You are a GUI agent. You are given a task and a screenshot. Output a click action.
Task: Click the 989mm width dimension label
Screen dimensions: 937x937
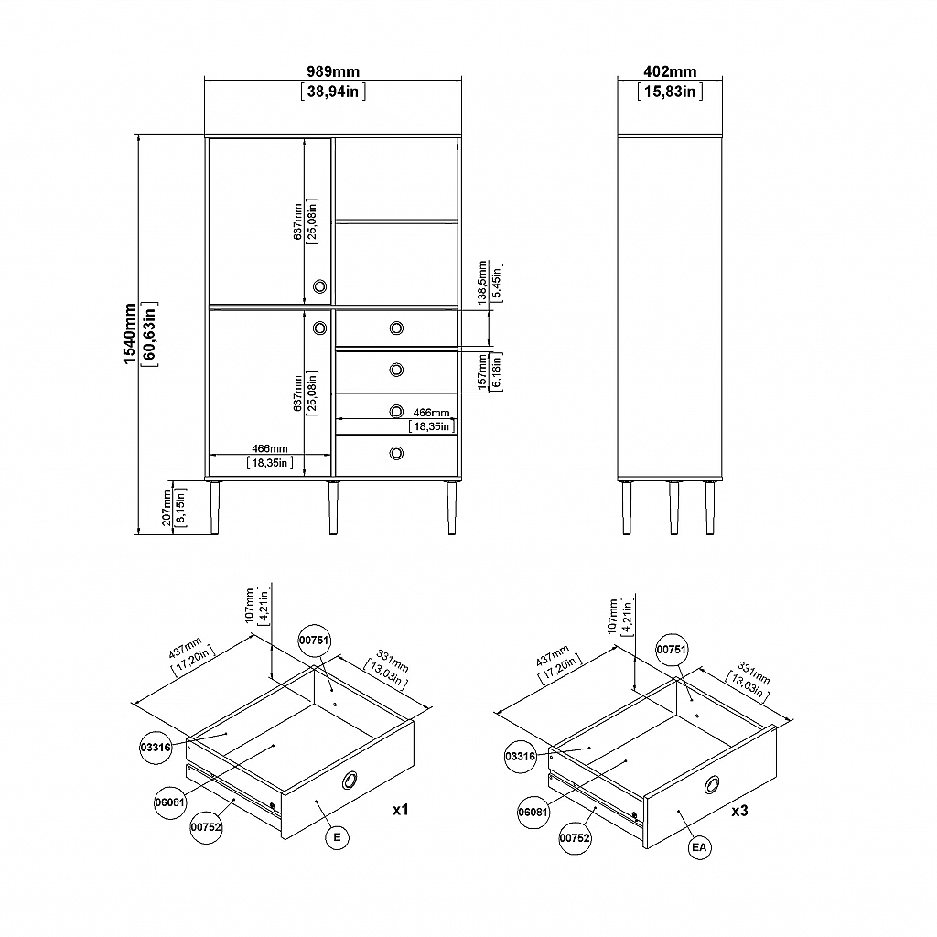coord(333,71)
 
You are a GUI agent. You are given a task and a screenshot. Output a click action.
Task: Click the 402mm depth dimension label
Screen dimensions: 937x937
coord(670,71)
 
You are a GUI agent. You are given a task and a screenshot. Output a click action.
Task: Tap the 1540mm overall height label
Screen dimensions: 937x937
coord(129,333)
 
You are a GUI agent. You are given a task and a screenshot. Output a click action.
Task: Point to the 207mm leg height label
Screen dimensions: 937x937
coord(167,508)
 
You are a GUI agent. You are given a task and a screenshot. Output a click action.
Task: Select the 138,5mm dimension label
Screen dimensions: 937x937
coord(482,283)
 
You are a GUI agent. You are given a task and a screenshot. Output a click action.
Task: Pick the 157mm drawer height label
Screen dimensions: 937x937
coord(482,372)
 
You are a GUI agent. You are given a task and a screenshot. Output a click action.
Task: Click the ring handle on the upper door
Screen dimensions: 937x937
coord(319,286)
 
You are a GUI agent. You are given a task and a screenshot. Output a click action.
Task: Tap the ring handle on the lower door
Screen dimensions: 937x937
coord(319,328)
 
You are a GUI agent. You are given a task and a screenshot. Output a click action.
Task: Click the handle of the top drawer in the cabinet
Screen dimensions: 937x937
coord(396,328)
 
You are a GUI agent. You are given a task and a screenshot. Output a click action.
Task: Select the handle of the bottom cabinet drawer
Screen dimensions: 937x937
coord(396,454)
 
